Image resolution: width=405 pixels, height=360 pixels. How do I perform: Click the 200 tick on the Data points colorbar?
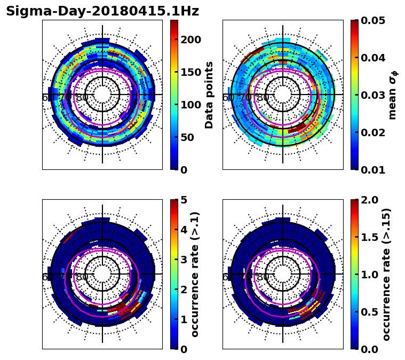pos(190,40)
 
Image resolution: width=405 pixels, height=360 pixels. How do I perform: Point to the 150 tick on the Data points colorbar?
pos(190,72)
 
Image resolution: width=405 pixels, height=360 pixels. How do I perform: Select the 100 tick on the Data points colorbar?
pos(190,105)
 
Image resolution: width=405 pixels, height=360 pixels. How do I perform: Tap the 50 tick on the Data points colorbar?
pos(190,137)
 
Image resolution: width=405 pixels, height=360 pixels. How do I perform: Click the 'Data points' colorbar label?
pos(209,95)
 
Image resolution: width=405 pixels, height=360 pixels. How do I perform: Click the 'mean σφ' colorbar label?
pos(392,95)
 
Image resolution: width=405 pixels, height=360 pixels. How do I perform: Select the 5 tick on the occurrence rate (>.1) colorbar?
pos(184,200)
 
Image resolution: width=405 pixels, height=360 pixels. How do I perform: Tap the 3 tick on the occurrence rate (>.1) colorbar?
pos(184,260)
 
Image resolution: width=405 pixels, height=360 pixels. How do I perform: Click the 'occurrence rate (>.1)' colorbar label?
pos(195,274)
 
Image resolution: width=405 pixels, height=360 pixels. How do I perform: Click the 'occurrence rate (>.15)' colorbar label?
pos(387,274)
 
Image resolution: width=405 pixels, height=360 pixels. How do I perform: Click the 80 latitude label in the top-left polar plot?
pos(82,98)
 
